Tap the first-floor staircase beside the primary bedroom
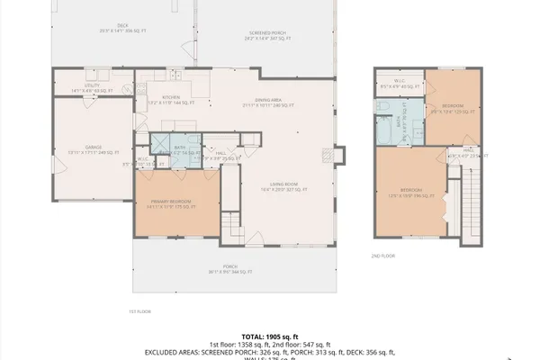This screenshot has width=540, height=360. pos(232,219)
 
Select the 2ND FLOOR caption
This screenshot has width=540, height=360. pos(382,256)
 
